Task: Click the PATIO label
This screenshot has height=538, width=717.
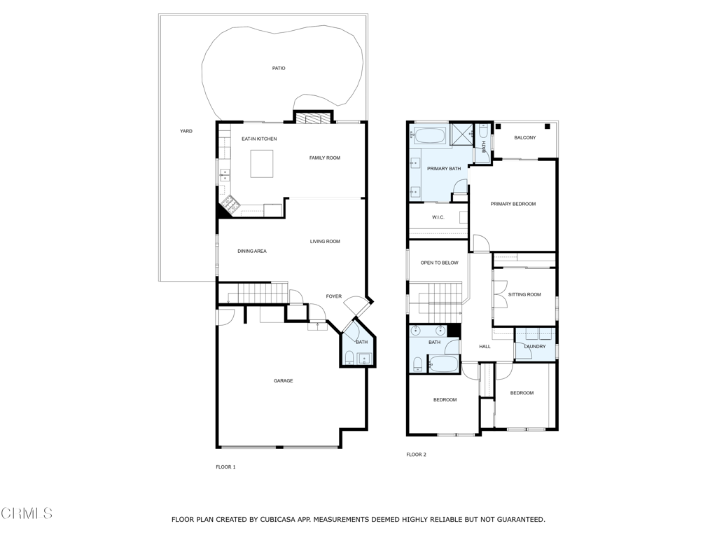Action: point(279,68)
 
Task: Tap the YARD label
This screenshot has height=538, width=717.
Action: point(186,131)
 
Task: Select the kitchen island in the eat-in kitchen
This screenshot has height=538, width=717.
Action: point(262,164)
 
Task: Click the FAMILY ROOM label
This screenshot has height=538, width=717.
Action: point(325,158)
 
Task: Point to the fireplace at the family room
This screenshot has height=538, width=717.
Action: point(312,118)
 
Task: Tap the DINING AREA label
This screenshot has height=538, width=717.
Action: point(252,251)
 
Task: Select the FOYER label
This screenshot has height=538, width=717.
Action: point(334,296)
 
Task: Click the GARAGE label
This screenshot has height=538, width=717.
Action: point(283,380)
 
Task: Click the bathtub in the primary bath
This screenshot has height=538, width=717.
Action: point(429,137)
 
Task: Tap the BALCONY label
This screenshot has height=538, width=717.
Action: point(525,138)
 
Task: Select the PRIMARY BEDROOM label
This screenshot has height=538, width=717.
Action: point(513,204)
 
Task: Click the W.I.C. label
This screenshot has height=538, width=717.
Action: point(438,217)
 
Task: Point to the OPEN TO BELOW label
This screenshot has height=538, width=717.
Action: point(440,263)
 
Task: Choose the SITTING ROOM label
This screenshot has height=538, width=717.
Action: point(524,295)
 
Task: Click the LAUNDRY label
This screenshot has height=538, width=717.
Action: point(535,347)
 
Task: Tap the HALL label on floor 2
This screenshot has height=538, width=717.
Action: point(485,347)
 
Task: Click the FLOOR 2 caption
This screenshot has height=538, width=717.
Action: point(416,455)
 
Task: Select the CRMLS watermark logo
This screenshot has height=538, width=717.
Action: point(27,513)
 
